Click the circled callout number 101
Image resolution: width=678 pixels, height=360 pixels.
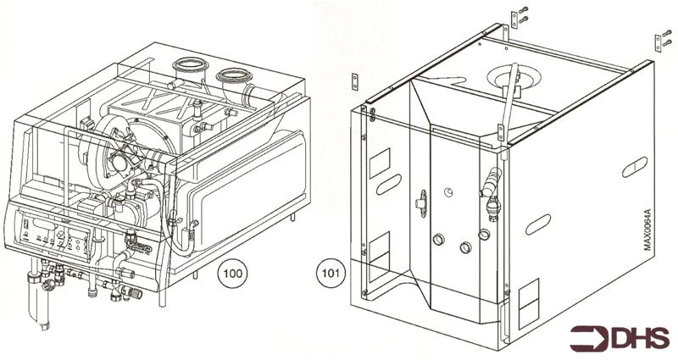point(331,274)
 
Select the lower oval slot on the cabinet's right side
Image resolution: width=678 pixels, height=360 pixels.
point(537,225)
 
